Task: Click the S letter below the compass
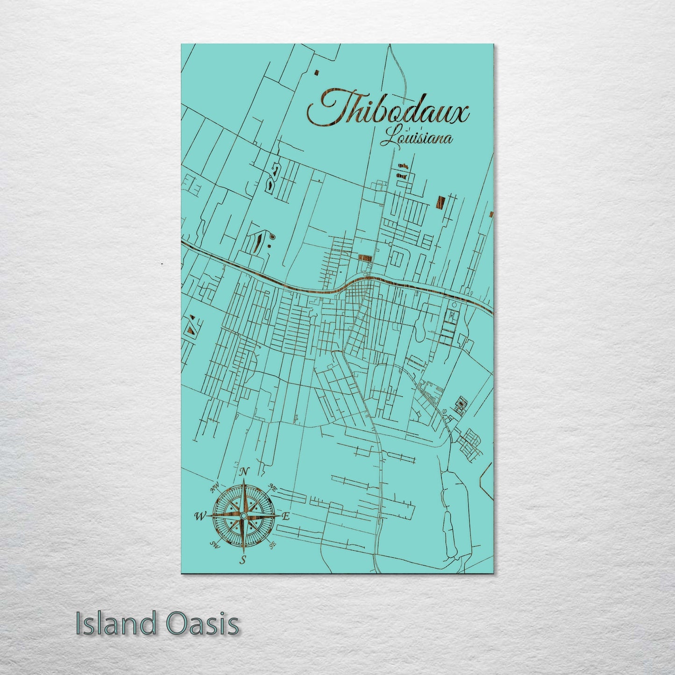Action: (242, 560)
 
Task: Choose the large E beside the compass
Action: (286, 516)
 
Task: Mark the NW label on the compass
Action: (215, 489)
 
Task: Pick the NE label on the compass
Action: (273, 488)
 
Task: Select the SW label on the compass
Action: (214, 544)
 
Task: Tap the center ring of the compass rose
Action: (243, 516)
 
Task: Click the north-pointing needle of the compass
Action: (243, 495)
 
